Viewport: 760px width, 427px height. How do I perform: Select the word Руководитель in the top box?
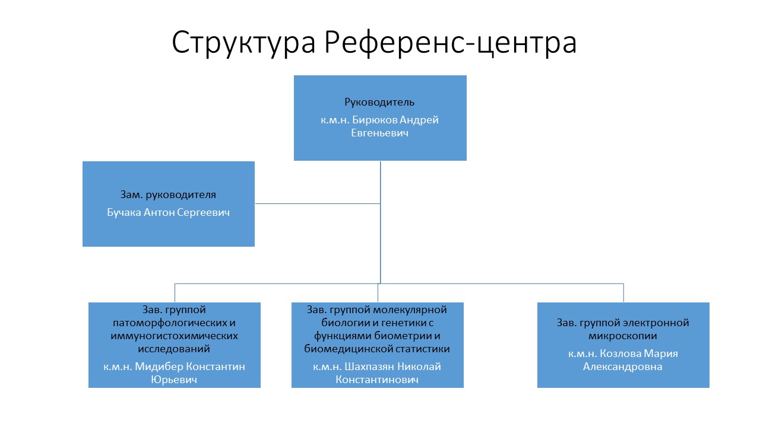point(379,102)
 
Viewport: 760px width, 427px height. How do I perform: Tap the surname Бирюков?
point(375,120)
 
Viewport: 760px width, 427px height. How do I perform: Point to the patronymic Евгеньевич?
point(379,133)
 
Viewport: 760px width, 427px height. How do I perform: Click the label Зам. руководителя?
point(168,195)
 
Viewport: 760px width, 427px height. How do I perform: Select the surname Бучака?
point(124,212)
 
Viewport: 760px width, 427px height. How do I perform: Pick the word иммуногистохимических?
point(174,336)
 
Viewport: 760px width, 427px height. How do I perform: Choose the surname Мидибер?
point(159,367)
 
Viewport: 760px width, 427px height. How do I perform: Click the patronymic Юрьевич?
point(174,380)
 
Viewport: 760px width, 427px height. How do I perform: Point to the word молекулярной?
point(410,310)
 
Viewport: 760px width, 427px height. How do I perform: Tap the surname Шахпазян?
point(369,367)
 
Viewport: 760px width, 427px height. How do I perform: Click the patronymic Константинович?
point(377,380)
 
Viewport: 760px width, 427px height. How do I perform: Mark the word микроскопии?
point(623,336)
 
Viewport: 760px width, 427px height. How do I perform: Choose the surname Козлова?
point(620,353)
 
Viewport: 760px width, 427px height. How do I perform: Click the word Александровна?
point(623,367)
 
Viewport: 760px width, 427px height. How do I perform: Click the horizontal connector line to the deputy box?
point(318,203)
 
